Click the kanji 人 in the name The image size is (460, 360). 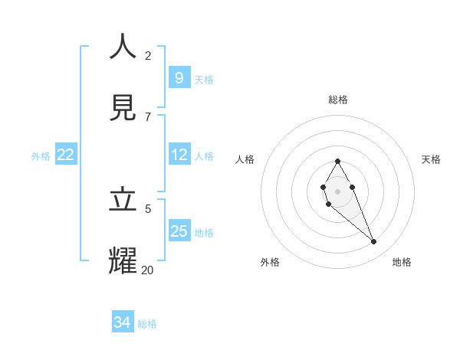123,47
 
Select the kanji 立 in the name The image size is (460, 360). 123,199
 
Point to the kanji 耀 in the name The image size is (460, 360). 123,260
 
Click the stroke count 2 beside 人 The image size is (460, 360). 148,55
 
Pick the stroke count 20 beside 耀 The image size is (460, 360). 147,270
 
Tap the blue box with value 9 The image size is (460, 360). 179,77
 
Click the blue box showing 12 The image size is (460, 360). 179,155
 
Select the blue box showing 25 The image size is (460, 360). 179,231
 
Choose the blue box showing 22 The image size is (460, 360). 66,155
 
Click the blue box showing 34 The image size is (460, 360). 123,322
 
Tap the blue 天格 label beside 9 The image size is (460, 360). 204,79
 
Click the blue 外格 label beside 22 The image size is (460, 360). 41,156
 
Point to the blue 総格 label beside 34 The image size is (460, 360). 147,324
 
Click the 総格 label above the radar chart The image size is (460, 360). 338,100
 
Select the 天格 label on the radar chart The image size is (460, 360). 431,159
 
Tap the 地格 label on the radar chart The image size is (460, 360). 402,262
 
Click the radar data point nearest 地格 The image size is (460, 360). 374,242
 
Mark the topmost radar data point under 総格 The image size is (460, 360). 337,161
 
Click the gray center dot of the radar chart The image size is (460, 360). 337,191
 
